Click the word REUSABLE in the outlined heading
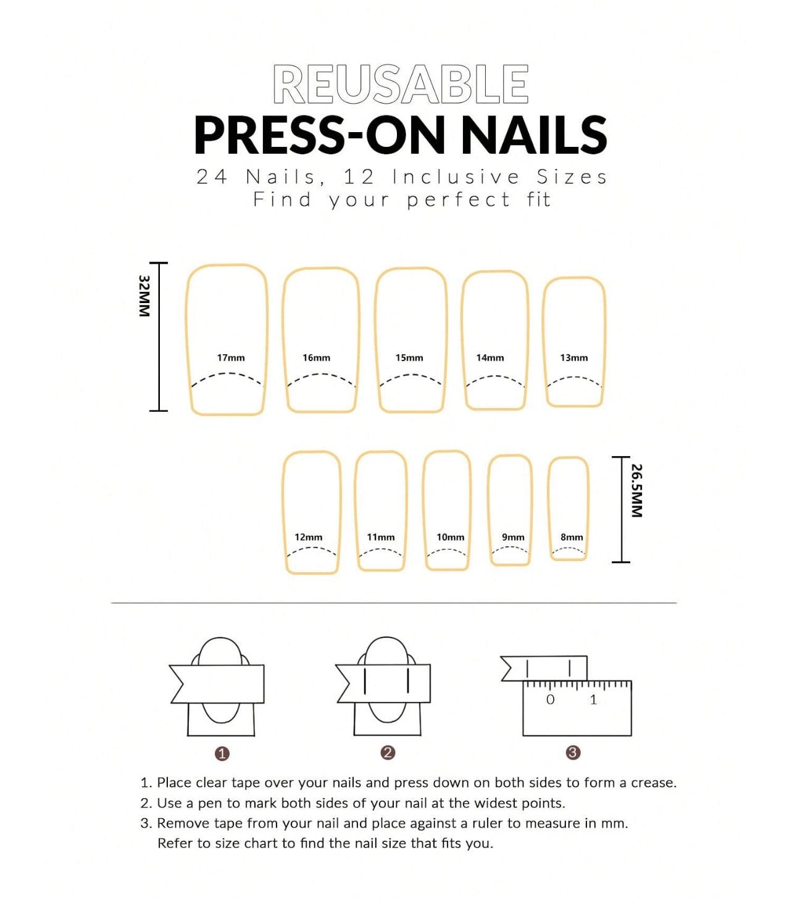[x=401, y=84]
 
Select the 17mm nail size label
[x=230, y=357]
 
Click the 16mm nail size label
[x=316, y=357]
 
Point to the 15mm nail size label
[x=409, y=357]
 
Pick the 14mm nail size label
[x=490, y=357]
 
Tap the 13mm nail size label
[x=574, y=357]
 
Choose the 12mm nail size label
[x=308, y=537]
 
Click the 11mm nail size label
[x=381, y=537]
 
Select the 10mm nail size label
[x=451, y=537]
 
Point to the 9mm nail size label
[x=513, y=537]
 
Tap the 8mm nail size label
[x=572, y=537]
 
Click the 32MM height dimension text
[x=144, y=296]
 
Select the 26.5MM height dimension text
[x=636, y=490]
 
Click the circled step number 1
[x=222, y=754]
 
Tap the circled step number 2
[x=388, y=752]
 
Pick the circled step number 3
[x=573, y=752]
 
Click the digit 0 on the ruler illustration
[x=551, y=699]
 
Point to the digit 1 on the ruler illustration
[x=593, y=699]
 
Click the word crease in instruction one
[x=654, y=782]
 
